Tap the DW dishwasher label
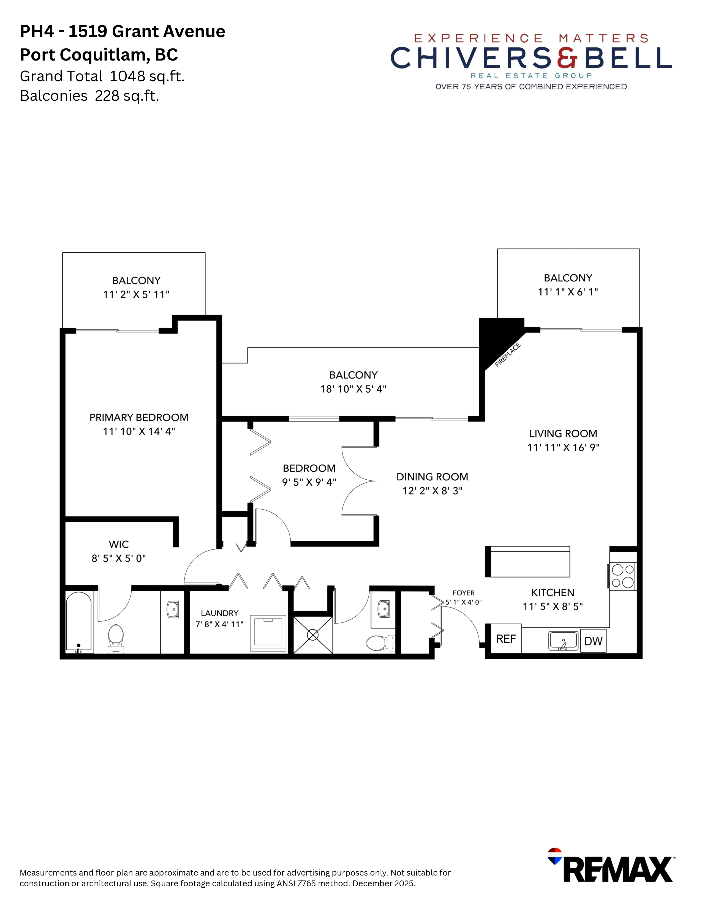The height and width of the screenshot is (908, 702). (593, 641)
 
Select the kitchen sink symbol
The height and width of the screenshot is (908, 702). (563, 640)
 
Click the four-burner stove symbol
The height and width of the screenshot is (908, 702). (622, 576)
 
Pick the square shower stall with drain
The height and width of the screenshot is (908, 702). (313, 635)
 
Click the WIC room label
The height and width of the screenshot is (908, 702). (119, 544)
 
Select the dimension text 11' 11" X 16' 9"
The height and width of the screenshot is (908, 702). (563, 447)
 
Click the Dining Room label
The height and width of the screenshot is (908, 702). (432, 477)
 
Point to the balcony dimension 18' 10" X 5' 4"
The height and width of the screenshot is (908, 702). (353, 389)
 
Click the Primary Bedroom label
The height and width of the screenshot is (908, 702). (139, 417)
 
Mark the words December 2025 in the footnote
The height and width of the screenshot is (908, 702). (383, 884)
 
